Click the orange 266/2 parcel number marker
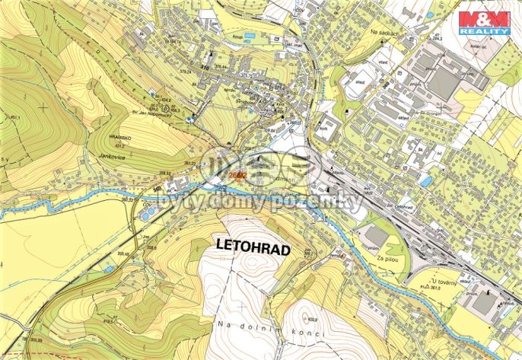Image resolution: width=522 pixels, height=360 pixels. (x=237, y=176)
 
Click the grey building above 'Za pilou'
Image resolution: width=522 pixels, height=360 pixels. (x=376, y=237)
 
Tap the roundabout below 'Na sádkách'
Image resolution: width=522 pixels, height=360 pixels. (x=423, y=37)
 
